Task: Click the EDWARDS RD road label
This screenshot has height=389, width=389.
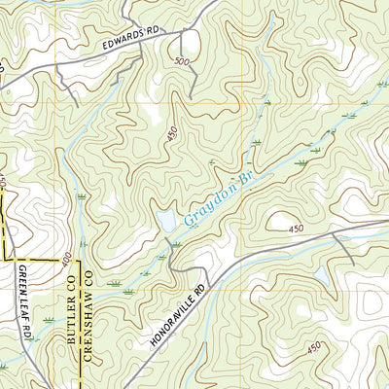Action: tap(128, 38)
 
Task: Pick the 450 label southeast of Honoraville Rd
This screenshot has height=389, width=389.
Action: tap(313, 347)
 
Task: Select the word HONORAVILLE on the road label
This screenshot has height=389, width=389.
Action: tap(171, 311)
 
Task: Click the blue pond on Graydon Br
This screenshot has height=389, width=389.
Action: tap(166, 222)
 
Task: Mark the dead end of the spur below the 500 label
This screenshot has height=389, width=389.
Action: tap(192, 95)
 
